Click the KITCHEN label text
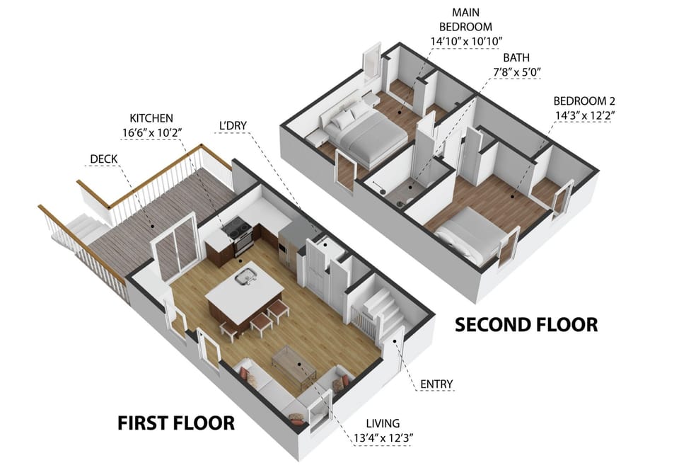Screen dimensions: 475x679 [x=151, y=118]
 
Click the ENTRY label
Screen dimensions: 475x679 [x=436, y=384]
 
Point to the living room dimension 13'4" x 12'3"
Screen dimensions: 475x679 [x=383, y=437]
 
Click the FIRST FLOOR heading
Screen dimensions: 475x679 [x=175, y=423]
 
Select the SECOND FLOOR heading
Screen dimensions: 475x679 [x=526, y=324]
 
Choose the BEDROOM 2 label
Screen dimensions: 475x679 [x=584, y=100]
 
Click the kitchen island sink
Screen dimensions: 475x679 [x=245, y=277]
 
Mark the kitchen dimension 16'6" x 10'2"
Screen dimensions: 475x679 [x=151, y=131]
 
